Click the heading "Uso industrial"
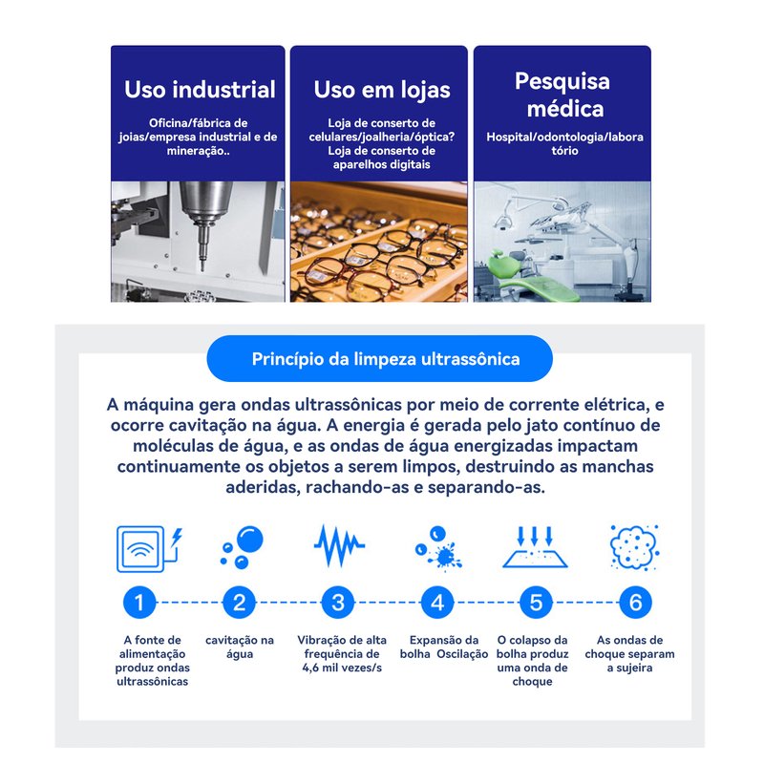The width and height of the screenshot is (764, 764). pyautogui.click(x=200, y=90)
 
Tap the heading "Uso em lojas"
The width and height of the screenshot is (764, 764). pyautogui.click(x=382, y=91)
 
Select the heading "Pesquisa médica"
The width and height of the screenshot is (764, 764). pyautogui.click(x=562, y=95)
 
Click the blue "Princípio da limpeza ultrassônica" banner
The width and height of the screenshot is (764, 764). pyautogui.click(x=379, y=359)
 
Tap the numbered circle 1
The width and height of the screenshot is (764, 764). pyautogui.click(x=139, y=603)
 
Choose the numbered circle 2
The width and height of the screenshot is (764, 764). pyautogui.click(x=239, y=603)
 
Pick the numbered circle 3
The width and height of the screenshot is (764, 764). pyautogui.click(x=338, y=603)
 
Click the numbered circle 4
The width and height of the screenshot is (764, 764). pyautogui.click(x=437, y=603)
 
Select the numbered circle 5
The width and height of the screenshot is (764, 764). pyautogui.click(x=536, y=603)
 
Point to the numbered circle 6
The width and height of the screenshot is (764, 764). pyautogui.click(x=635, y=603)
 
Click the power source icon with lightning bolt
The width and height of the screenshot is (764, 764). pyautogui.click(x=150, y=548)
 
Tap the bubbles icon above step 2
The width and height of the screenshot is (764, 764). pyautogui.click(x=242, y=546)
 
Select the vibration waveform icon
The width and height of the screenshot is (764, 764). pyautogui.click(x=339, y=545)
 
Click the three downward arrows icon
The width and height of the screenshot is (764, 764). pyautogui.click(x=535, y=546)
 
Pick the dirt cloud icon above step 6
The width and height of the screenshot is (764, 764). pyautogui.click(x=635, y=547)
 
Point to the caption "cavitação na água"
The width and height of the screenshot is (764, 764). pyautogui.click(x=240, y=647)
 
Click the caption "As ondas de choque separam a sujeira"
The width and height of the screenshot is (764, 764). pyautogui.click(x=629, y=653)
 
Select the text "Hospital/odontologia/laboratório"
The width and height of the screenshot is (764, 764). pyautogui.click(x=564, y=144)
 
